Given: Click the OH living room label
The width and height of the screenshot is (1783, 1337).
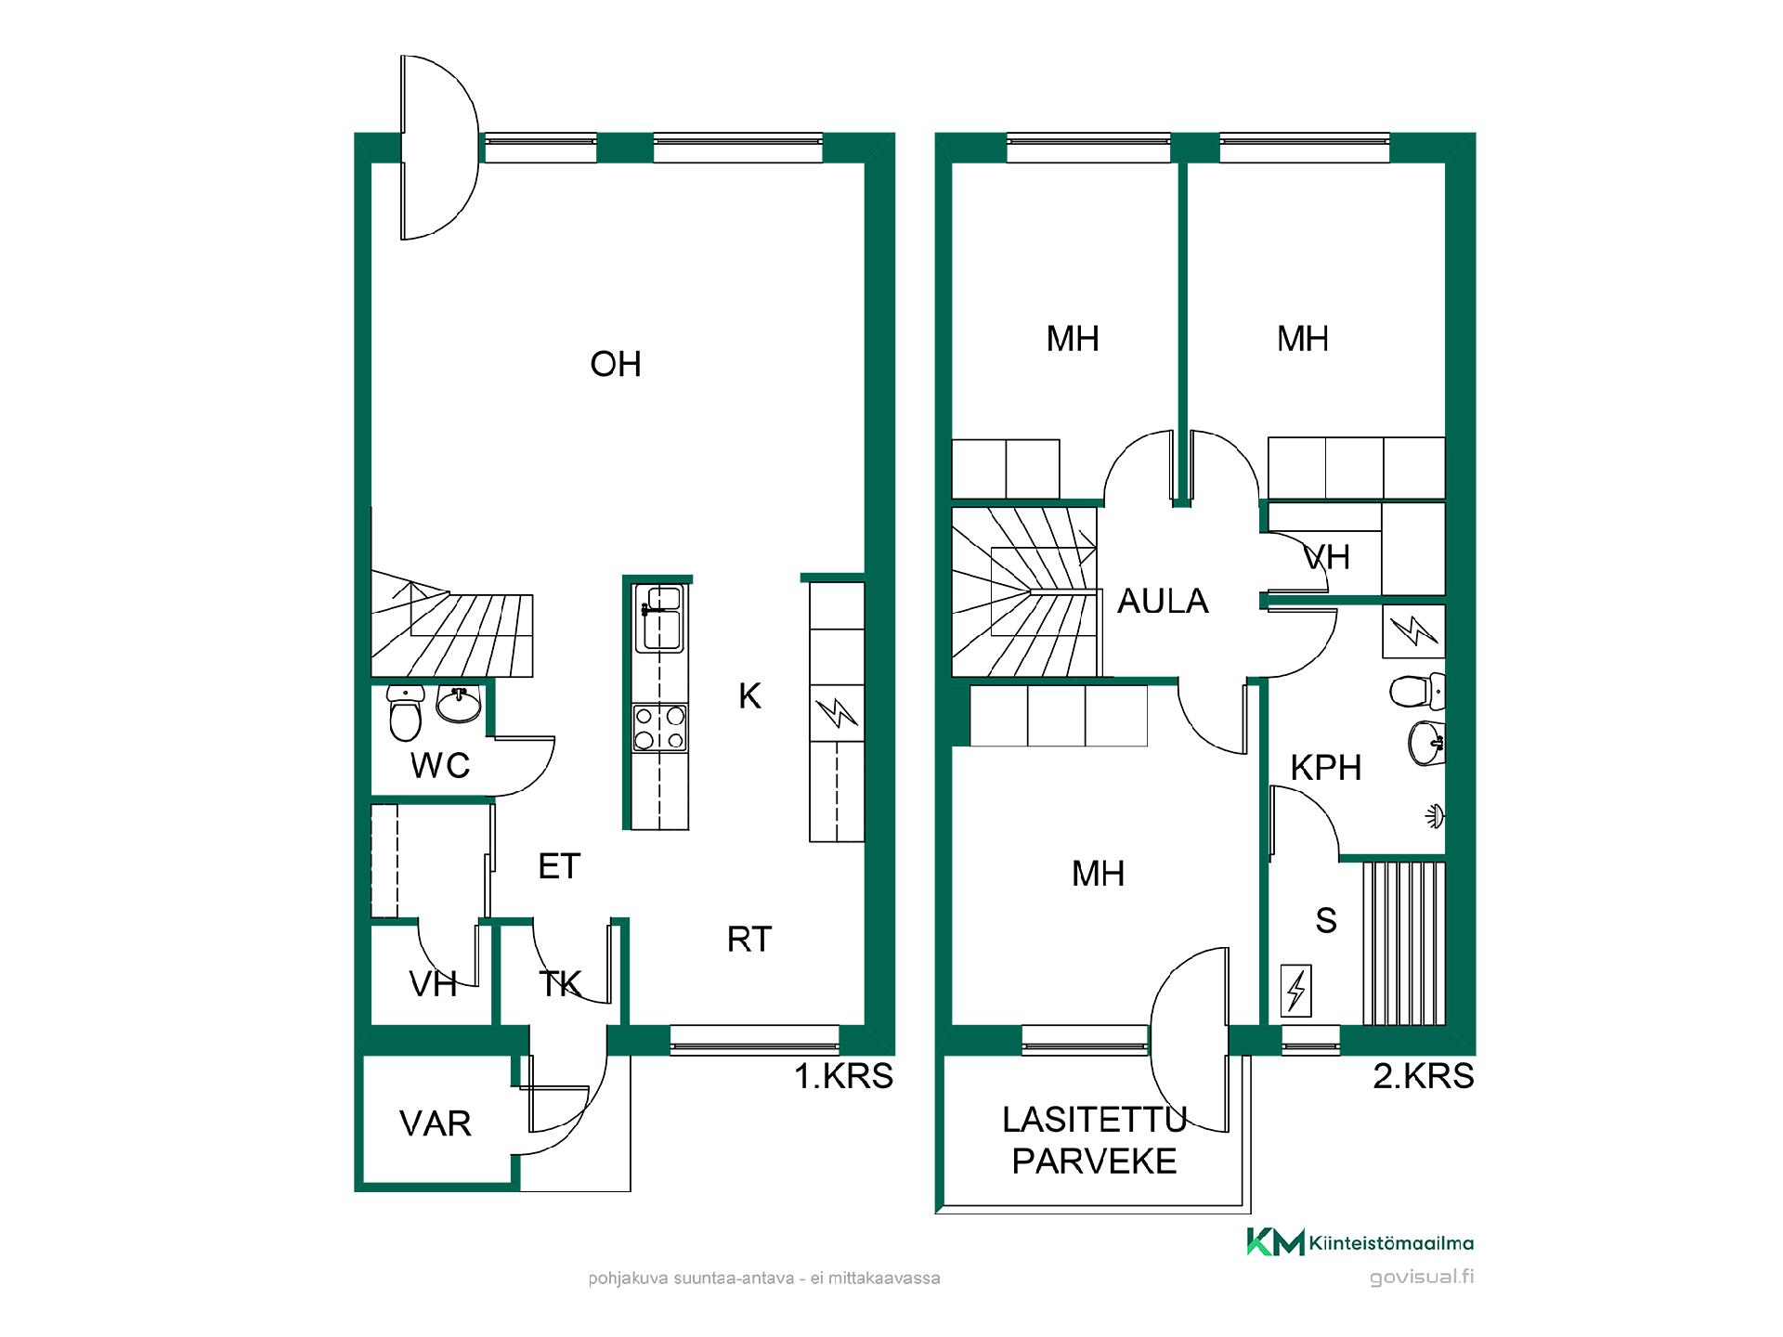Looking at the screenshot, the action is [616, 364].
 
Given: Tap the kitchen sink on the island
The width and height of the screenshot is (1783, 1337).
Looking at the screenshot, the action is [659, 617].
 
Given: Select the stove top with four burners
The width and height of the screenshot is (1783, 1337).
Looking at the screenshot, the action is [659, 728].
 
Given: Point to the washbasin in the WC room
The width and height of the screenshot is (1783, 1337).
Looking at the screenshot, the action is [459, 705].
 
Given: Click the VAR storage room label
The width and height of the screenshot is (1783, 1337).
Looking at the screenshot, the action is [436, 1124].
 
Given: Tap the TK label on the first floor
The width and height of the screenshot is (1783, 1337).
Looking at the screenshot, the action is [559, 984].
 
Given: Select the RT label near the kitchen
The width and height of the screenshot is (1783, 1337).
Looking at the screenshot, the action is [748, 940].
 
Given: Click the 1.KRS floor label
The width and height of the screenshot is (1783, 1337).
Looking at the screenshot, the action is [843, 1076].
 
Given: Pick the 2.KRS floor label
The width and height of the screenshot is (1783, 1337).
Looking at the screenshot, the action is [1424, 1076].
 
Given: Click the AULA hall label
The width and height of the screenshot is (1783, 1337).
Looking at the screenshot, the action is [1163, 602].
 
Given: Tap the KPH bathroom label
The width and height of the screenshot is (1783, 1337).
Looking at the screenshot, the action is [1326, 768].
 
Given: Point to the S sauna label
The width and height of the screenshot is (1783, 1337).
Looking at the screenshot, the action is [1326, 921].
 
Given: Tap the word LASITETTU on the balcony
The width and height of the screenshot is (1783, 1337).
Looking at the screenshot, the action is [1095, 1121].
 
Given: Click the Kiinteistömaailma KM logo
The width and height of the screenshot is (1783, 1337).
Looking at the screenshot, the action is [1360, 1242].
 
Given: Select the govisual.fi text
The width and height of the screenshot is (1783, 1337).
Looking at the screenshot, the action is [1422, 1278].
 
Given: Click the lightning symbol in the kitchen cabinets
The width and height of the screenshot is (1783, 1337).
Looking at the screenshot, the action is [837, 713].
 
